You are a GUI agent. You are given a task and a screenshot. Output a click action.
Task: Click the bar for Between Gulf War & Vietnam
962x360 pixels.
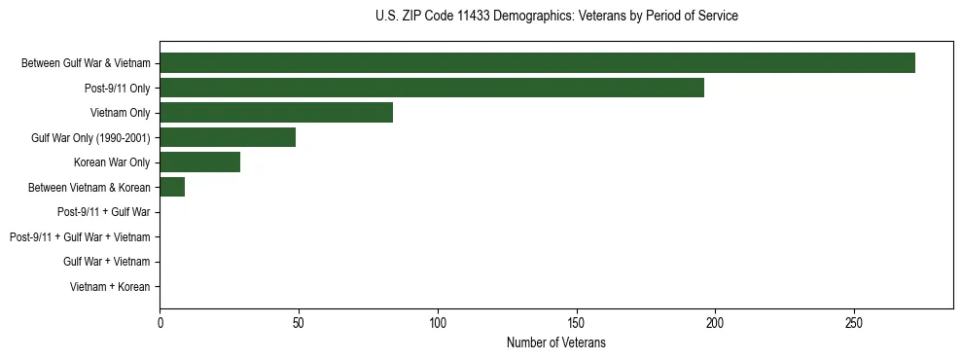coord(537,63)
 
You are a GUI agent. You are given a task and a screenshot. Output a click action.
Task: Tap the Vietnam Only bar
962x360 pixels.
coord(276,113)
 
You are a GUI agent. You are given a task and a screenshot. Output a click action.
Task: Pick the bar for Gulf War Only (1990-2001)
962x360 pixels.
coord(228,137)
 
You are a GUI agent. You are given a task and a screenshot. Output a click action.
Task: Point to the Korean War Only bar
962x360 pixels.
coord(199,162)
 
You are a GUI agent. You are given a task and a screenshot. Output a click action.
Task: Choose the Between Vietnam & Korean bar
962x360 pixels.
coord(172,187)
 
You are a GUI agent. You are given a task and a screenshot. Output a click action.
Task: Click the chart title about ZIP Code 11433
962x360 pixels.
coord(556,17)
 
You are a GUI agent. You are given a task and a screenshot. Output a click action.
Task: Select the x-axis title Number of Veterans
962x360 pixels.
coord(556,342)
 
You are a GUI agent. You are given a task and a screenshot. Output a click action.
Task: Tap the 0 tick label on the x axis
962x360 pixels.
coord(160,322)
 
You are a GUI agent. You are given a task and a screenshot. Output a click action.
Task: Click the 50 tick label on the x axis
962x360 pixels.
coord(299,322)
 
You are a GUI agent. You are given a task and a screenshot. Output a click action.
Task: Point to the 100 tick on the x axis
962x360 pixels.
coord(438,322)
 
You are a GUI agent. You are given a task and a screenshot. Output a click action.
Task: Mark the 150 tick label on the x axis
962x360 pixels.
coord(576,322)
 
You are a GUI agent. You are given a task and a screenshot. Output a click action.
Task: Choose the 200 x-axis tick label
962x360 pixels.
coord(715,322)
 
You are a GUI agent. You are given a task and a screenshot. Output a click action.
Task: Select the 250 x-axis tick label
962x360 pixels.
coord(854,322)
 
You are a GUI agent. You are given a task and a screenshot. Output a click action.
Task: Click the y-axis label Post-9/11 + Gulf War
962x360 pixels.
coord(103,212)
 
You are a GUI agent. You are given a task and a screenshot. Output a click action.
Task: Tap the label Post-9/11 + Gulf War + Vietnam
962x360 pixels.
coord(80,237)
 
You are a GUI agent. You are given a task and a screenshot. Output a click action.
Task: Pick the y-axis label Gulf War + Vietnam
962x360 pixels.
coord(107,262)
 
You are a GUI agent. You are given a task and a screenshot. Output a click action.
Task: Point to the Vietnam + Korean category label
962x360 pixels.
coord(110,287)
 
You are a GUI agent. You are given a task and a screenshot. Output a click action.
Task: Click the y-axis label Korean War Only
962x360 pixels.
coord(112,162)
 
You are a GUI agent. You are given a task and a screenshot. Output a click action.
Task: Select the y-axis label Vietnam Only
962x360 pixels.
coord(120,113)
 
